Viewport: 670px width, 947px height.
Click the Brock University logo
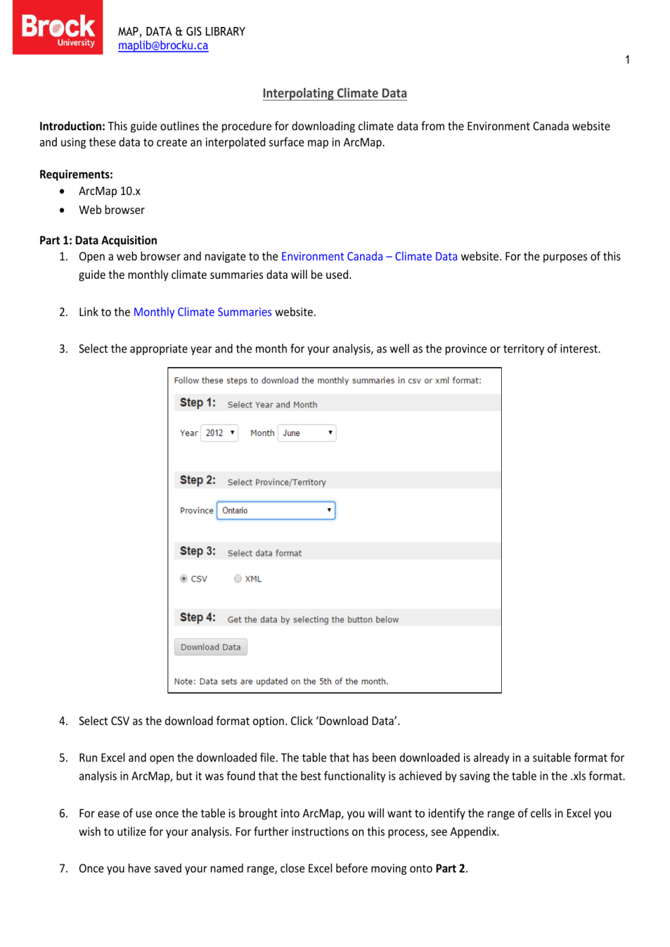click(57, 28)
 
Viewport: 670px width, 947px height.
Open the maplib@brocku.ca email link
click(163, 46)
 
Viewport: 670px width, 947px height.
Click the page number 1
click(627, 60)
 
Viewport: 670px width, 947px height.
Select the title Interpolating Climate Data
click(334, 93)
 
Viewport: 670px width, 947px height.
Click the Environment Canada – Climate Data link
click(369, 256)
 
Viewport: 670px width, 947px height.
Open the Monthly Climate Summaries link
click(203, 312)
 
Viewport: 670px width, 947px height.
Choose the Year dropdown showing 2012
click(220, 433)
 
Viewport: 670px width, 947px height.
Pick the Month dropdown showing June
click(307, 433)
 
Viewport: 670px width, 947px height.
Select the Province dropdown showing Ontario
click(276, 510)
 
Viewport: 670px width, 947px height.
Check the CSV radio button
click(184, 578)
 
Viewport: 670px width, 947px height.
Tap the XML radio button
click(238, 578)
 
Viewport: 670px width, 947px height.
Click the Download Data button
click(210, 647)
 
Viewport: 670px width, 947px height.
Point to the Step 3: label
click(197, 551)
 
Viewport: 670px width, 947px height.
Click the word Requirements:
click(76, 174)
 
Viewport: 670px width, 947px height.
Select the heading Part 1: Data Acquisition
click(98, 240)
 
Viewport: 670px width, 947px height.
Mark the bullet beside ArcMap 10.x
click(62, 192)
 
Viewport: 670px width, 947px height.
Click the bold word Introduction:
click(72, 126)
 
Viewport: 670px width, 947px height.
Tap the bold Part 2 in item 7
click(450, 869)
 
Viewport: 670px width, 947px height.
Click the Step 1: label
click(197, 402)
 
